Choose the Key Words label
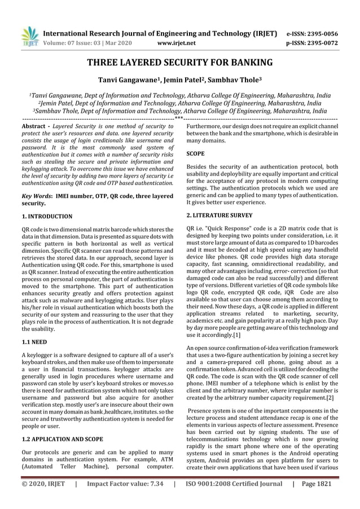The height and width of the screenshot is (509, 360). (37, 196)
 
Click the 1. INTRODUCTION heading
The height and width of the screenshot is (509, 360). (47, 216)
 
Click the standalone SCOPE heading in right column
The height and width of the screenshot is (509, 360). (196, 153)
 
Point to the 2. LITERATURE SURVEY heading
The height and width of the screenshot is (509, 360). (219, 216)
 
